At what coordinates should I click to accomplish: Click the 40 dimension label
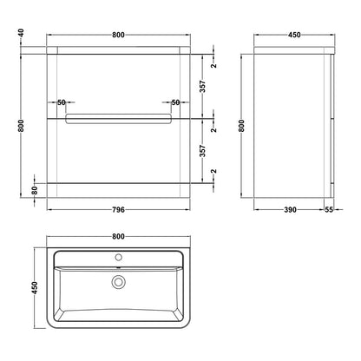click(x=21, y=33)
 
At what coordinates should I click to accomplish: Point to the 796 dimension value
click(x=118, y=209)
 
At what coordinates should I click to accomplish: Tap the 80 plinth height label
click(x=35, y=190)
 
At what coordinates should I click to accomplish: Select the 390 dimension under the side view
click(x=290, y=209)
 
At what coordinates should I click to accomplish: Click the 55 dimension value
click(x=329, y=209)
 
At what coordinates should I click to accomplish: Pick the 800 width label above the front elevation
click(x=118, y=35)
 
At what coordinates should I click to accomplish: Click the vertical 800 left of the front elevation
click(x=21, y=126)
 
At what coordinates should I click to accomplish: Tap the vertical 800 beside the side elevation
click(x=241, y=126)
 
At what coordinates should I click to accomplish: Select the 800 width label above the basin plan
click(x=118, y=236)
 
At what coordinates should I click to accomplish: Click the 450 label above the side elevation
click(x=294, y=35)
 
